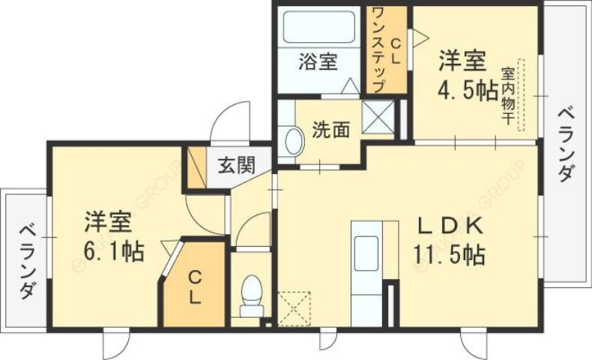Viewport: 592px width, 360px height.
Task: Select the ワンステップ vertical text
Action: coord(378,49)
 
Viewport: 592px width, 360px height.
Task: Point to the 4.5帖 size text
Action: coord(468,90)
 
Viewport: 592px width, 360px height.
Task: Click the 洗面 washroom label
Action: coord(330,130)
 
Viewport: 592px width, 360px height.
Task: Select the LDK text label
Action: coord(448,225)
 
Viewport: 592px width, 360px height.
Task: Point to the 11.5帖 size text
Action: coord(447,255)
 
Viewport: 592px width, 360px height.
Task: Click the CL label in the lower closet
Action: coord(193,286)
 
